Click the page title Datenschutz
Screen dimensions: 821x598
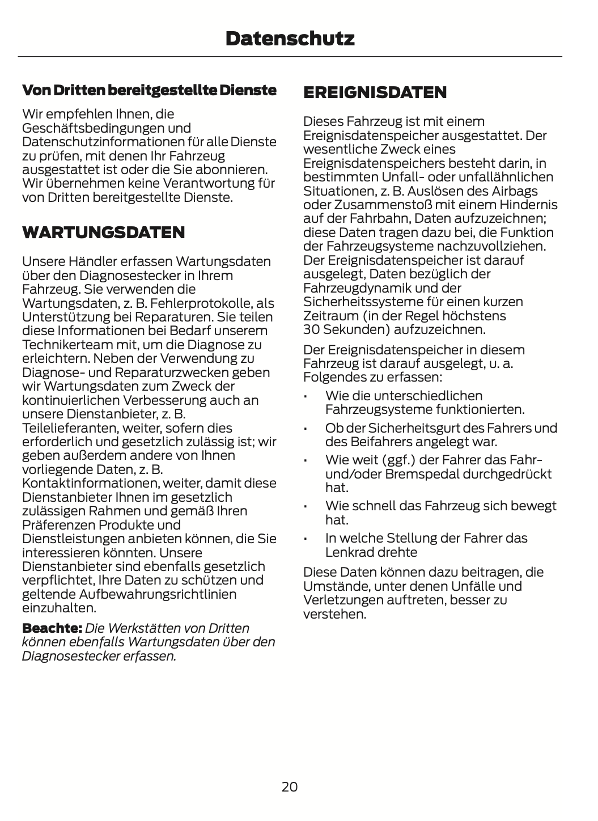[290, 39]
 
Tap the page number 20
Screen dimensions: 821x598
[289, 786]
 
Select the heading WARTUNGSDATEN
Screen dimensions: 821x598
[103, 232]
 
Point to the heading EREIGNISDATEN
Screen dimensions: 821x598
[375, 92]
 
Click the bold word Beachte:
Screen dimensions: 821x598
[52, 628]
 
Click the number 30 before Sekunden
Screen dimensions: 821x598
[311, 329]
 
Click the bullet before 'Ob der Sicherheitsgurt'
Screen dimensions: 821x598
[305, 429]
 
